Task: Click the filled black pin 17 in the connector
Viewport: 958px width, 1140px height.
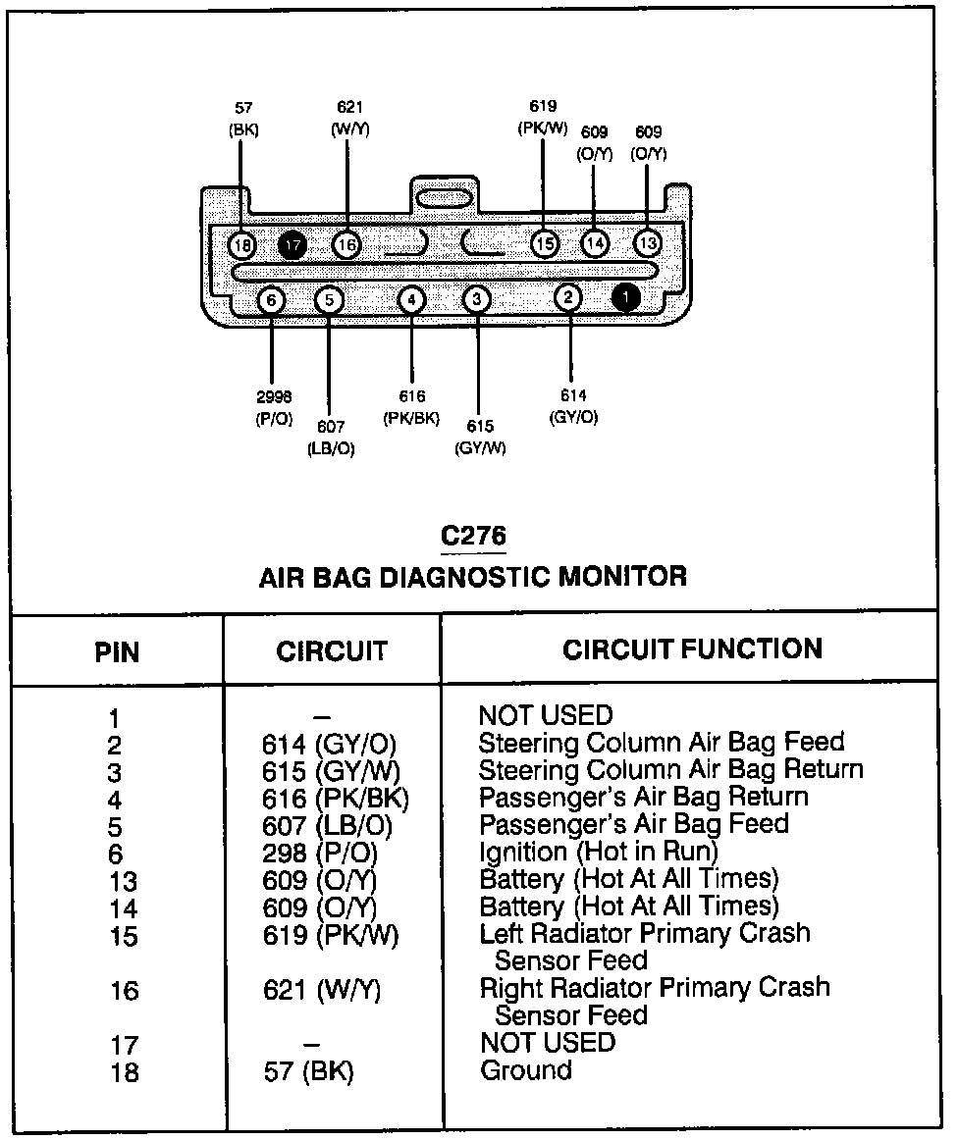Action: point(293,244)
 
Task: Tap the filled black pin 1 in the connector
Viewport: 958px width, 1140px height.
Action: point(625,297)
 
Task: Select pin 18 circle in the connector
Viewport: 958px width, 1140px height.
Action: point(242,244)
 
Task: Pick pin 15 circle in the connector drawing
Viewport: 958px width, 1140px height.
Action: point(545,243)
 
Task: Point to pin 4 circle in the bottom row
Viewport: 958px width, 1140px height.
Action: point(412,299)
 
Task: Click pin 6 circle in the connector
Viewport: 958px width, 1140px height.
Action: point(272,299)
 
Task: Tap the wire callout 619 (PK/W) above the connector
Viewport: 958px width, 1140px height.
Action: point(543,118)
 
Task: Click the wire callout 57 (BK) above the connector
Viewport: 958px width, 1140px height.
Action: point(243,119)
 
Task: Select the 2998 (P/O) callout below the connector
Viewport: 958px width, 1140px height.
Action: point(273,407)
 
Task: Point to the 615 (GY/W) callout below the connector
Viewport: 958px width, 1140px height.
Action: point(480,438)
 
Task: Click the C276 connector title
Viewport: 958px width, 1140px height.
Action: point(473,537)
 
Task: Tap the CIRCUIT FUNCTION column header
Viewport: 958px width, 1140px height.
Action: point(692,648)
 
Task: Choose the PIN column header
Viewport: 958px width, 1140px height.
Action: point(117,651)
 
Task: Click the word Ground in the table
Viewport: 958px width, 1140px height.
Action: point(525,1069)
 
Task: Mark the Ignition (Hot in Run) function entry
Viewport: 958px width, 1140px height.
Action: point(599,852)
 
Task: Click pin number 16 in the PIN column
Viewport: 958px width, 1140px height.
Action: point(124,991)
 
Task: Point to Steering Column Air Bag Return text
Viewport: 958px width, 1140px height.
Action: point(670,770)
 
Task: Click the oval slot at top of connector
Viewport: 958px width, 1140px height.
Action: point(444,199)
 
